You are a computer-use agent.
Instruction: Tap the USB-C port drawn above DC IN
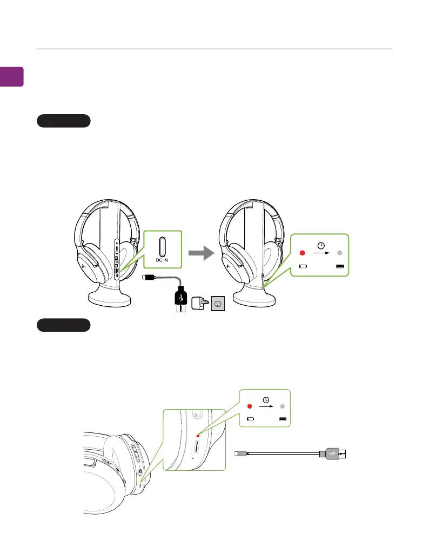(162, 247)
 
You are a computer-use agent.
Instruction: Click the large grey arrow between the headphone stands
(200, 253)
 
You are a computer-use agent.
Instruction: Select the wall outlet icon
(218, 303)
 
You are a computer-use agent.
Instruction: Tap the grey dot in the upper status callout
(340, 253)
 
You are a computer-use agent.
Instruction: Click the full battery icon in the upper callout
(340, 266)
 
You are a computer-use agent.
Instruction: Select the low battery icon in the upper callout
(303, 266)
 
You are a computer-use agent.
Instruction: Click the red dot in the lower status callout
(250, 406)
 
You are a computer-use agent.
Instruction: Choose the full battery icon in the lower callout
(283, 419)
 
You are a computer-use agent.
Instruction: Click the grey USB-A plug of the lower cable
(330, 454)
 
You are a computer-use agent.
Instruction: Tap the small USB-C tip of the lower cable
(238, 454)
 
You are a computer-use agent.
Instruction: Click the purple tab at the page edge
(11, 76)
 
